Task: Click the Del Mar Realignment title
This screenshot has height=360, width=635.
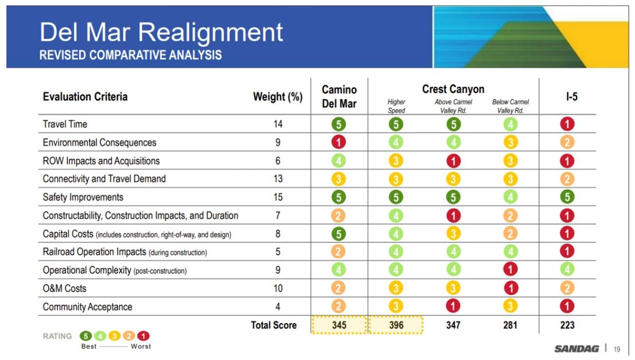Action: tap(161, 32)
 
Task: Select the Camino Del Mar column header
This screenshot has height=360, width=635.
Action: tap(339, 97)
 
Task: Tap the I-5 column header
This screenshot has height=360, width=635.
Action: tap(571, 97)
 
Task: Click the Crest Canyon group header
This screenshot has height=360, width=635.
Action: tap(453, 89)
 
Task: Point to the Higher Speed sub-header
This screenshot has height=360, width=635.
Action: tap(396, 106)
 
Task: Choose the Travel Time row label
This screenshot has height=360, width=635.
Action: tap(65, 124)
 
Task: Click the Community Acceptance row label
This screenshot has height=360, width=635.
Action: tap(87, 307)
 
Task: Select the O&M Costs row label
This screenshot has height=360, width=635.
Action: tap(65, 288)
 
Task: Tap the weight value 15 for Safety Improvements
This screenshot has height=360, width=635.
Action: tap(278, 197)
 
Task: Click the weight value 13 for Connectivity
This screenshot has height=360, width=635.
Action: tap(278, 179)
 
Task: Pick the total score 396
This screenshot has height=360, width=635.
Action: tap(396, 325)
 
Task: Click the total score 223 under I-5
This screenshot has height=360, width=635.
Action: tap(567, 325)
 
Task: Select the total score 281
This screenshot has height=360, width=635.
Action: tap(510, 325)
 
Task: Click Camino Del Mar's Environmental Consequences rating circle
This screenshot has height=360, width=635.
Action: tap(338, 142)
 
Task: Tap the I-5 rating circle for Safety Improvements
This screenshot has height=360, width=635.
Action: tap(567, 197)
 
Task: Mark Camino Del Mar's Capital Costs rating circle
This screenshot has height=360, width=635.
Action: tap(338, 234)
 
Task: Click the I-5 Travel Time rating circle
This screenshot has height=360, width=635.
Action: tap(567, 124)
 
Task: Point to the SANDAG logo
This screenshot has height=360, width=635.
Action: tap(576, 349)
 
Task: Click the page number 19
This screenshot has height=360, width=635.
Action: tap(617, 349)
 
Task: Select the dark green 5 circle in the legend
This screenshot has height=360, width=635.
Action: tap(86, 336)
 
